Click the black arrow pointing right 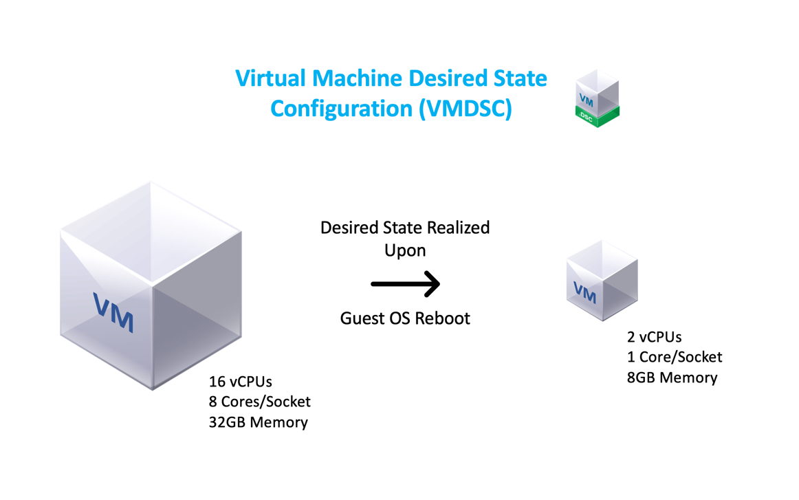tap(405, 284)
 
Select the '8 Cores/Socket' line tap(260, 402)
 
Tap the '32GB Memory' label tap(258, 422)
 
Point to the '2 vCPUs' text tap(654, 337)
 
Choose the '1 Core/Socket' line tap(675, 357)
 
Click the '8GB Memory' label tap(672, 378)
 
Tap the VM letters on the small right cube tap(584, 292)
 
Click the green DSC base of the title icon tap(597, 118)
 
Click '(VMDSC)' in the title tap(465, 109)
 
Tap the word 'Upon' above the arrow tap(405, 250)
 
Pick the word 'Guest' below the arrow tap(361, 318)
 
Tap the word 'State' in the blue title tap(516, 78)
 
